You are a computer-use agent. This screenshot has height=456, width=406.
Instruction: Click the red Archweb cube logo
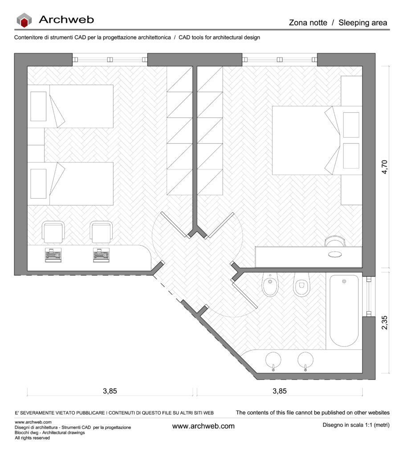24,20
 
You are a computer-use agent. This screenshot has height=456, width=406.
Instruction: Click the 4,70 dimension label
384,167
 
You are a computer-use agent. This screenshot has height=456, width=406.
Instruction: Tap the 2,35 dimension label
384,322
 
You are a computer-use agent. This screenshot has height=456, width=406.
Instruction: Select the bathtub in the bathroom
344,310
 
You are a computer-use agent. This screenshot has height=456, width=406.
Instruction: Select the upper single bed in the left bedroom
70,106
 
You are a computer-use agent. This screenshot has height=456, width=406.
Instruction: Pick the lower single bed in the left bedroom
70,184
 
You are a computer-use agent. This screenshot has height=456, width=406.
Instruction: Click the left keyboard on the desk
53,255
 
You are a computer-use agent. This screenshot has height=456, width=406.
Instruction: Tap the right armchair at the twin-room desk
101,232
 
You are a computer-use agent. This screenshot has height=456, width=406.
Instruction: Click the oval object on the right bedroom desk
335,254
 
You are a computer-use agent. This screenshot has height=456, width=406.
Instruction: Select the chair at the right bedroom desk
335,241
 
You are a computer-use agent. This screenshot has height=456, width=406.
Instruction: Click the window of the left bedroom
110,60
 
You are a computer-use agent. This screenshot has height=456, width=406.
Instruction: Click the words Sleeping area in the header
363,23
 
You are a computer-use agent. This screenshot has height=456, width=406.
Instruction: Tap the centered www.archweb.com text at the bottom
203,426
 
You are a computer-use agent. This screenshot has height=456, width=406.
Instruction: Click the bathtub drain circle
344,281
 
